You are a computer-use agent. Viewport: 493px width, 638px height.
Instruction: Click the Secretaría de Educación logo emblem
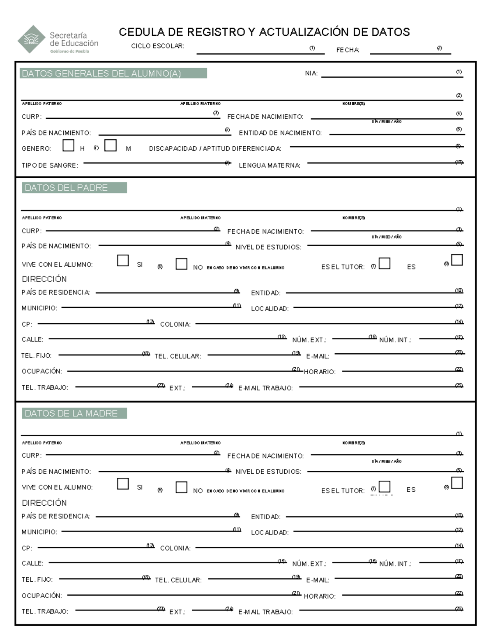(x=31, y=39)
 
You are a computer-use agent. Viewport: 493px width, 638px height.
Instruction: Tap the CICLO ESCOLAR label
(x=157, y=46)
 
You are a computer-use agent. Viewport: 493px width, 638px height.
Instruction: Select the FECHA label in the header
(x=348, y=50)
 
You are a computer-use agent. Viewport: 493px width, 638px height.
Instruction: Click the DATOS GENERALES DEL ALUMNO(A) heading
(x=101, y=74)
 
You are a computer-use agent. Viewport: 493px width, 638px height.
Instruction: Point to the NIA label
(x=311, y=74)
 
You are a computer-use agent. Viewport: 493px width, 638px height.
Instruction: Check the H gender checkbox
(x=69, y=145)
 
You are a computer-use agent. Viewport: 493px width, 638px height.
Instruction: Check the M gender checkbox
(x=111, y=145)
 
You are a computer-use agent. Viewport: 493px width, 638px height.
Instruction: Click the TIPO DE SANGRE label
(x=50, y=166)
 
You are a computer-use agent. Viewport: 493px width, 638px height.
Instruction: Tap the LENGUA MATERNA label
(x=270, y=166)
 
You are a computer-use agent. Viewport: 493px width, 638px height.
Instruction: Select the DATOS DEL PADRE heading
(x=66, y=188)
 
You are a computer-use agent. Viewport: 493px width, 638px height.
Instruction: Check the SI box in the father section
(x=123, y=260)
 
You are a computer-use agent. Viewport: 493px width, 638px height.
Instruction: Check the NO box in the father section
(x=181, y=264)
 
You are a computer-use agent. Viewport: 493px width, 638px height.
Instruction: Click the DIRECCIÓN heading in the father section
(x=44, y=279)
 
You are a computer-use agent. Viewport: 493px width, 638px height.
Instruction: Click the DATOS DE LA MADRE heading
(x=71, y=413)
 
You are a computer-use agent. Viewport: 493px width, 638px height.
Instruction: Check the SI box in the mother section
(x=123, y=484)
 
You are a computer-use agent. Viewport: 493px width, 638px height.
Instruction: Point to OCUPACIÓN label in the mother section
(x=42, y=596)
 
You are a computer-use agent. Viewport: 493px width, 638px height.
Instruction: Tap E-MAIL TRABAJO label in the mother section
(x=265, y=612)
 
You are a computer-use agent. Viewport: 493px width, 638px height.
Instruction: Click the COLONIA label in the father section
(x=175, y=325)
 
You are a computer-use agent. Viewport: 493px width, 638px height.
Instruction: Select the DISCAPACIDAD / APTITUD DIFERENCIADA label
(x=215, y=149)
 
